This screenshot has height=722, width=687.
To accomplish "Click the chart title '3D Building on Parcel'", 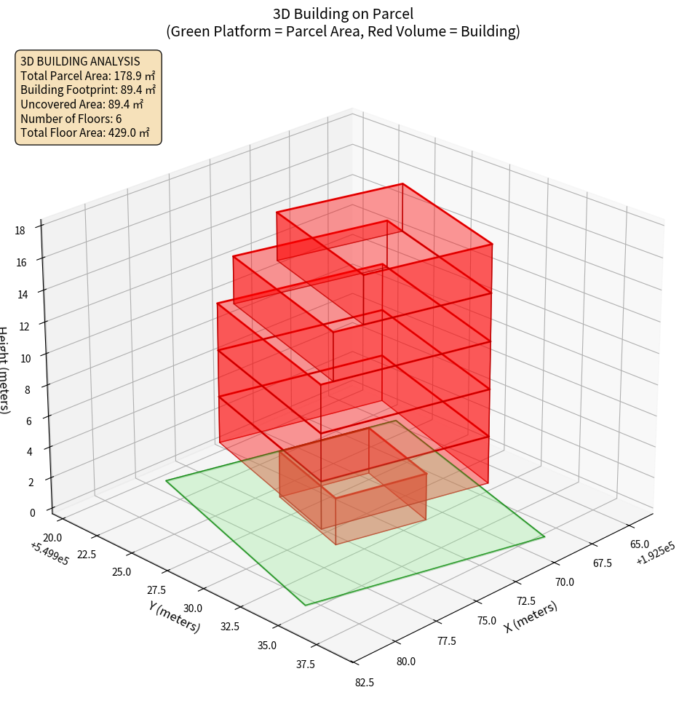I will tap(343, 13).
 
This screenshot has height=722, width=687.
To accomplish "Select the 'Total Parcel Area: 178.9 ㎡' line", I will tap(87, 75).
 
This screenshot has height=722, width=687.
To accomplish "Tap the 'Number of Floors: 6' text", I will tap(71, 119).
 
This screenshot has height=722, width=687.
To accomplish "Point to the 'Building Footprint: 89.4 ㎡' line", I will tap(87, 90).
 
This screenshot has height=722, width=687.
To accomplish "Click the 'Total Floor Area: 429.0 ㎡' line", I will tap(84, 133).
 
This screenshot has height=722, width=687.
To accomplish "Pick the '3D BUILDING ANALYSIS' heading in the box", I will tap(80, 60).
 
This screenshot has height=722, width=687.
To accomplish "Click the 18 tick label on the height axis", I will tap(20, 231).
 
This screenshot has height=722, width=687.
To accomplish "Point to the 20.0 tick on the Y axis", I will tap(53, 537).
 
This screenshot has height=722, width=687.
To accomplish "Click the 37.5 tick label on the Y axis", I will tap(306, 664).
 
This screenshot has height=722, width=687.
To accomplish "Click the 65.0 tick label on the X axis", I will tap(640, 544).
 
